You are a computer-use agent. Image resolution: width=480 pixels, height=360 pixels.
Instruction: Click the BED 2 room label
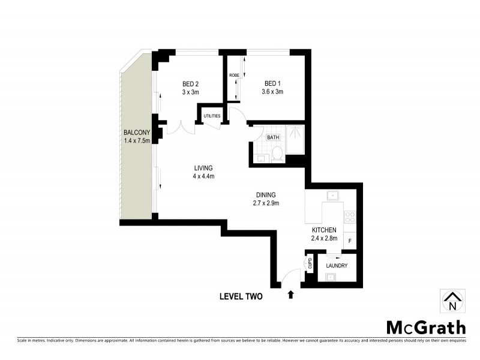pyautogui.click(x=190, y=83)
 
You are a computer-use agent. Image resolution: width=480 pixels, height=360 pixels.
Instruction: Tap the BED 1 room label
pyautogui.click(x=272, y=83)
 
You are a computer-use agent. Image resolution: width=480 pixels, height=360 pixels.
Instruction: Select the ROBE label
pyautogui.click(x=234, y=75)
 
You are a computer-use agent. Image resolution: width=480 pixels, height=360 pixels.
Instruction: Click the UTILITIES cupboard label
pyautogui.click(x=212, y=116)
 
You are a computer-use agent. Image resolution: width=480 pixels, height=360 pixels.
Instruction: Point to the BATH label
pyautogui.click(x=274, y=137)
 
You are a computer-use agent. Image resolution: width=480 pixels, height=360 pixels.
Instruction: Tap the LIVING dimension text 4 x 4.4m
pyautogui.click(x=203, y=176)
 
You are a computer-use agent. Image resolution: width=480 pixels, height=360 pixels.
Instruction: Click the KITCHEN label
pyautogui.click(x=324, y=230)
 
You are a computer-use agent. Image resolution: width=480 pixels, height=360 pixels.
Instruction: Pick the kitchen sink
pyautogui.click(x=331, y=196)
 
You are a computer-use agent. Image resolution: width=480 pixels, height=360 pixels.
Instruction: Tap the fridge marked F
pyautogui.click(x=350, y=241)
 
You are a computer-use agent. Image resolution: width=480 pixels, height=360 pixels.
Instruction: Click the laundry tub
pyautogui.click(x=331, y=277)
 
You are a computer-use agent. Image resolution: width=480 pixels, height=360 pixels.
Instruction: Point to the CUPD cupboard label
pyautogui.click(x=310, y=263)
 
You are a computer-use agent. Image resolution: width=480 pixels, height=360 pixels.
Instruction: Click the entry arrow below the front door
pyautogui.click(x=291, y=294)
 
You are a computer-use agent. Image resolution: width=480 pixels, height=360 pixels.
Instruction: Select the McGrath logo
pyautogui.click(x=425, y=327)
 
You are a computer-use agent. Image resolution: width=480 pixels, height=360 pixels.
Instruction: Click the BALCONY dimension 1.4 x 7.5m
pyautogui.click(x=136, y=140)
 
